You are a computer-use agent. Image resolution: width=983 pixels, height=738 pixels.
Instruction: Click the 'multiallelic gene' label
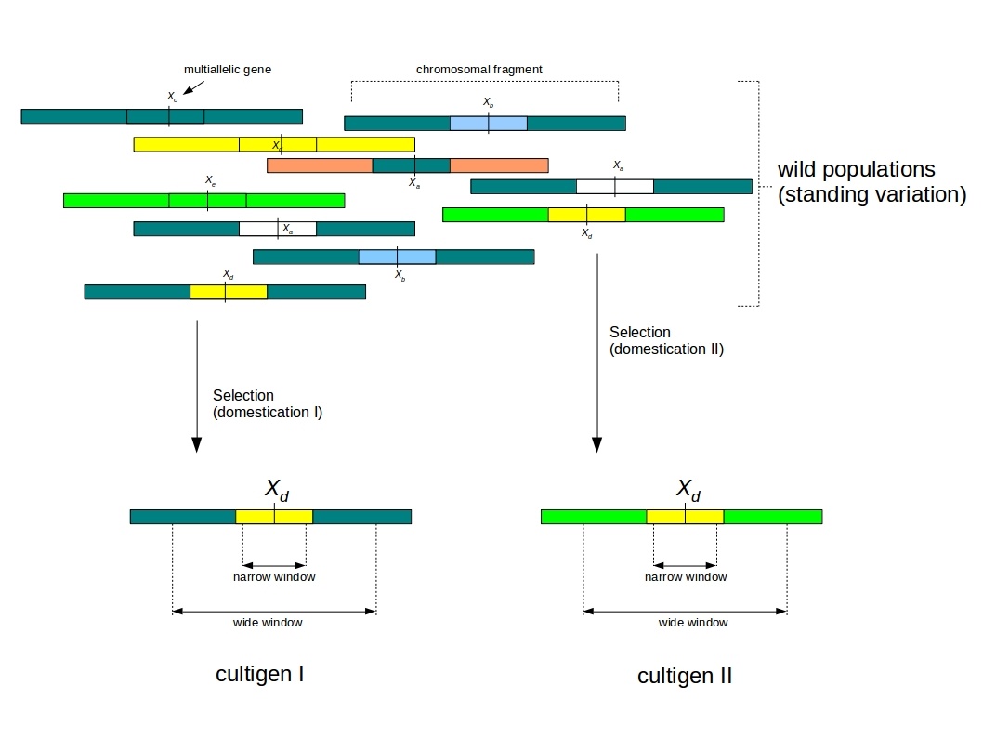[228, 70]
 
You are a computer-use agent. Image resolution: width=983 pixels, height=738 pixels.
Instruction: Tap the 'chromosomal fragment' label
[478, 70]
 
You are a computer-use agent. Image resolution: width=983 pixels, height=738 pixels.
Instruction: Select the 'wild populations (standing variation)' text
[871, 182]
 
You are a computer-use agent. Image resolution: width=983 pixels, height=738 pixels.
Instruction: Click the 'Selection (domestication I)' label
[267, 403]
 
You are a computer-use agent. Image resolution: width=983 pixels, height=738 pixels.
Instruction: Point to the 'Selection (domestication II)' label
[665, 341]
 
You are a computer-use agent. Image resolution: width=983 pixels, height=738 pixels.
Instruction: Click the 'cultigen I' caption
[259, 674]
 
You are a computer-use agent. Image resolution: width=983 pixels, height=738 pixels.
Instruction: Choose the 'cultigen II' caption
[685, 676]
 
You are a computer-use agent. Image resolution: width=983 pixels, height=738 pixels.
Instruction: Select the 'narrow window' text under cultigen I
[274, 577]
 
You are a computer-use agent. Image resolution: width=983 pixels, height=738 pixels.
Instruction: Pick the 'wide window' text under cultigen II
[692, 623]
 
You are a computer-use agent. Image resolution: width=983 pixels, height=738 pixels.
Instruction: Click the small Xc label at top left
[172, 97]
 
